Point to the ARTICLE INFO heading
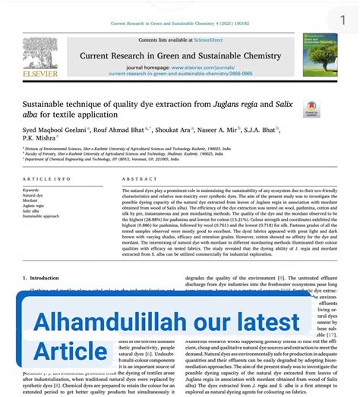(46, 178)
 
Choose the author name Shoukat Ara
(181, 130)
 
